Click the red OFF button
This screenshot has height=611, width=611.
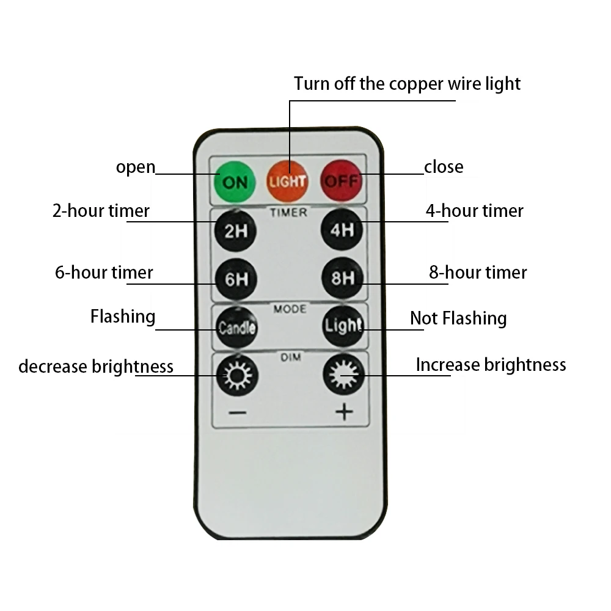[x=342, y=180]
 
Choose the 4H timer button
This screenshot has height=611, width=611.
[x=342, y=230]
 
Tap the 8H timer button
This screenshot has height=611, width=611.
[x=342, y=279]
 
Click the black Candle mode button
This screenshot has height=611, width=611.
[x=236, y=327]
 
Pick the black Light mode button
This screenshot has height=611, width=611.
[x=343, y=326]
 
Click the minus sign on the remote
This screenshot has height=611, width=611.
[x=237, y=412]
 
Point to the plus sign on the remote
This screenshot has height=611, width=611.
[x=344, y=412]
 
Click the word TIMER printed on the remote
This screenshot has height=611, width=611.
[x=288, y=213]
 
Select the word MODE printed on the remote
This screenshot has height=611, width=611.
[x=290, y=309]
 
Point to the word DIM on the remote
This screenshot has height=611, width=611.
[x=291, y=357]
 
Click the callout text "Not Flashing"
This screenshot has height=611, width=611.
[x=458, y=318]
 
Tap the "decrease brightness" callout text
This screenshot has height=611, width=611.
[x=96, y=367]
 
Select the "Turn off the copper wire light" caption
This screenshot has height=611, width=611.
[x=407, y=83]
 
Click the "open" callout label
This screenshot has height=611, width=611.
[x=136, y=167]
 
